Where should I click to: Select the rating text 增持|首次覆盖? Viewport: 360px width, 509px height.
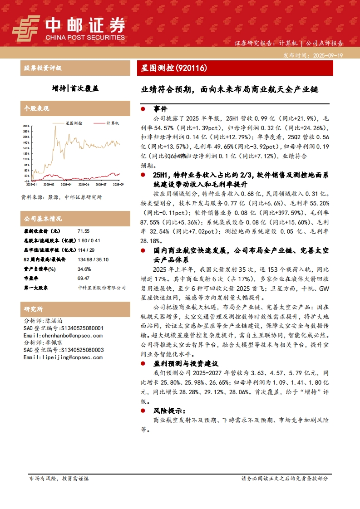coord(75,88)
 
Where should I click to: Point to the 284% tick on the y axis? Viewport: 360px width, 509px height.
coord(26,126)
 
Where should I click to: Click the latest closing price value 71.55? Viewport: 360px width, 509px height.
coord(84,231)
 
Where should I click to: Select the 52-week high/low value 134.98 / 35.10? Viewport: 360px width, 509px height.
coord(93,259)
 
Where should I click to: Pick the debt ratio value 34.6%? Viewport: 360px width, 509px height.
coord(84,269)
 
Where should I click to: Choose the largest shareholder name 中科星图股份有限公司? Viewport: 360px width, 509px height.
coord(102,288)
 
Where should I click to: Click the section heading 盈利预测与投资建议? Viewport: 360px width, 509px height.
coord(186,363)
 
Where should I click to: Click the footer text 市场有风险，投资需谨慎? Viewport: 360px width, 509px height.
coord(59,479)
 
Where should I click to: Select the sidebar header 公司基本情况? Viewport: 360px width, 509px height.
coord(43,219)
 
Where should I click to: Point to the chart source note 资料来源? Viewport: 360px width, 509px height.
coord(62,197)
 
